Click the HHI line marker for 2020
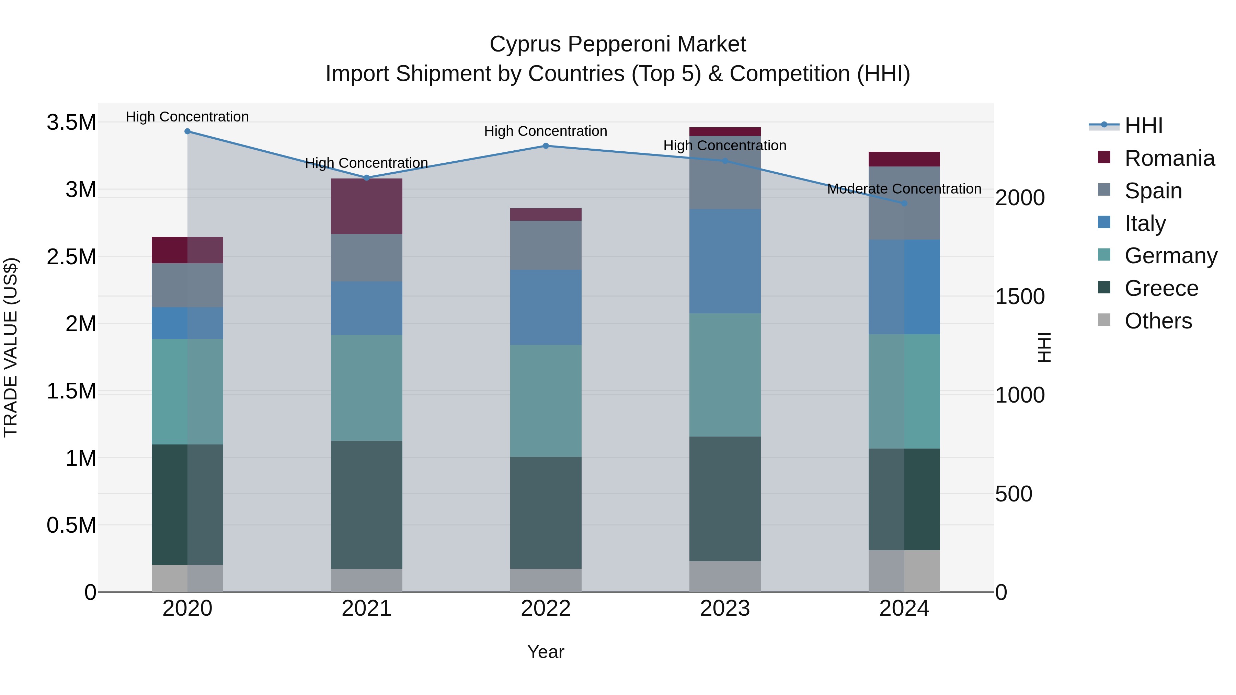pyautogui.click(x=187, y=131)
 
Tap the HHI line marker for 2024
pyautogui.click(x=904, y=204)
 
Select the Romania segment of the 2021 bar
pyautogui.click(x=367, y=206)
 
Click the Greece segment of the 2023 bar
pyautogui.click(x=725, y=499)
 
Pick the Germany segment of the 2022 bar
pyautogui.click(x=546, y=401)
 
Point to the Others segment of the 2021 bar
pyautogui.click(x=367, y=580)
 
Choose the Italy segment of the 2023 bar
pyautogui.click(x=725, y=262)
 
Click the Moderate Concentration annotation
pyautogui.click(x=904, y=189)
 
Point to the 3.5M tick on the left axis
pyautogui.click(x=71, y=122)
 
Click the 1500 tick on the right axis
pyautogui.click(x=1020, y=297)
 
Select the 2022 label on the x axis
pyautogui.click(x=546, y=609)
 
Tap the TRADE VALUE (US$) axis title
pyautogui.click(x=11, y=347)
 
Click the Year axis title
pyautogui.click(x=546, y=652)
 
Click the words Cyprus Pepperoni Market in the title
pyautogui.click(x=618, y=44)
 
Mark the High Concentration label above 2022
pyautogui.click(x=546, y=131)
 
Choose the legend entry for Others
pyautogui.click(x=1158, y=321)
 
